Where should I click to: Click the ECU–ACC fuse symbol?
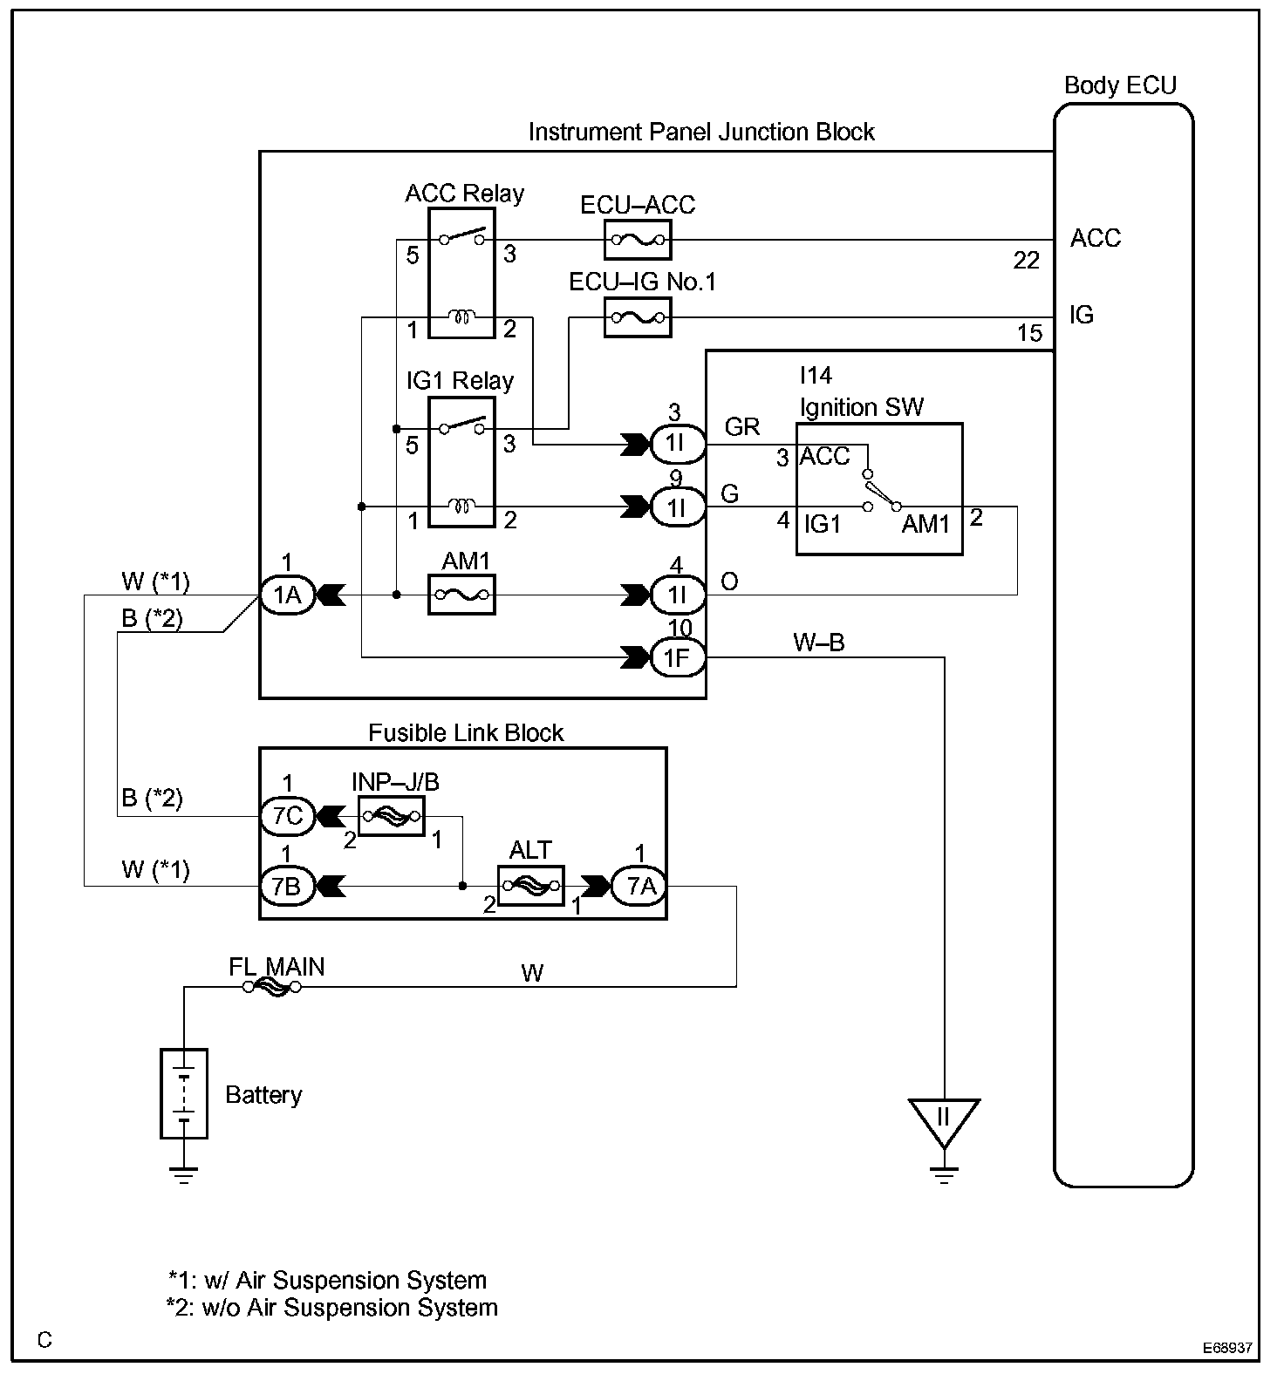pyautogui.click(x=638, y=241)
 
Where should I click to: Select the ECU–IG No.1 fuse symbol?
pyautogui.click(x=638, y=317)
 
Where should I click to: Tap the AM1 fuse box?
pyautogui.click(x=461, y=595)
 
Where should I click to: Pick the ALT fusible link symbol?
pyautogui.click(x=530, y=886)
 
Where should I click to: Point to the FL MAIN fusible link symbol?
pyautogui.click(x=272, y=987)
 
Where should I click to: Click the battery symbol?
pyautogui.click(x=184, y=1093)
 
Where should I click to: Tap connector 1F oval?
pyautogui.click(x=678, y=658)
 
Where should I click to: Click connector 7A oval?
pyautogui.click(x=640, y=886)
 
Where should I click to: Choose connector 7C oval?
pyautogui.click(x=286, y=816)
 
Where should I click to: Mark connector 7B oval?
pyautogui.click(x=286, y=886)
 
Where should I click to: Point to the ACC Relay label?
pyautogui.click(x=464, y=193)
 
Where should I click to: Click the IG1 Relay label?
pyautogui.click(x=460, y=381)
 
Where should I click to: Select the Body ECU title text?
pyautogui.click(x=1120, y=85)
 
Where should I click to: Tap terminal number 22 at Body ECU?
pyautogui.click(x=1026, y=260)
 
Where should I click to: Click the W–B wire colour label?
pyautogui.click(x=818, y=643)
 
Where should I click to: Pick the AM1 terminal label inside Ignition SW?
pyautogui.click(x=925, y=524)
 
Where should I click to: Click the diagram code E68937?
pyautogui.click(x=1227, y=1348)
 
